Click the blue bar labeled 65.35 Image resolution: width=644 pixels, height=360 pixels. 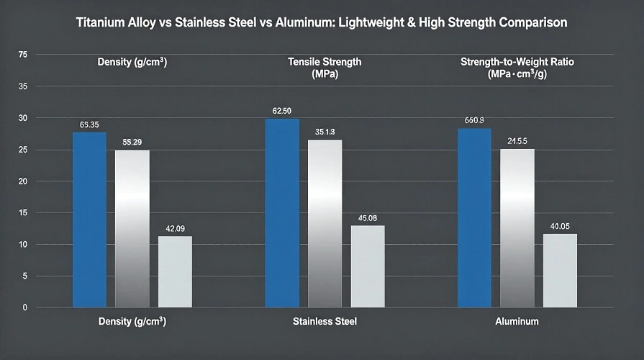[89, 220]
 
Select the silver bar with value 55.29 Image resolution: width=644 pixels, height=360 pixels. [132, 228]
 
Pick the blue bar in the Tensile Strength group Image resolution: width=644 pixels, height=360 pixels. [282, 213]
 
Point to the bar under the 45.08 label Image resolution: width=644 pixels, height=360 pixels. [368, 266]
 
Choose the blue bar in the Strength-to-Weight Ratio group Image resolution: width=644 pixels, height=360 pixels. [475, 217]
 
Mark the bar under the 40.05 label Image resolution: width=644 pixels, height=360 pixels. [560, 270]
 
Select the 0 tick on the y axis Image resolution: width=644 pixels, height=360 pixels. [24, 307]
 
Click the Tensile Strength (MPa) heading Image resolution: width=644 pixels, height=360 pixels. [325, 68]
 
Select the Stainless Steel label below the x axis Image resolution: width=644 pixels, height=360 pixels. [325, 320]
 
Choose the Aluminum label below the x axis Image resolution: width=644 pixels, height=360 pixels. [517, 320]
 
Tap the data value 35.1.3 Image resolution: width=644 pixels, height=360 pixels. [325, 132]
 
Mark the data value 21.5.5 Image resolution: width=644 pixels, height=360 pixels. [517, 141]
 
